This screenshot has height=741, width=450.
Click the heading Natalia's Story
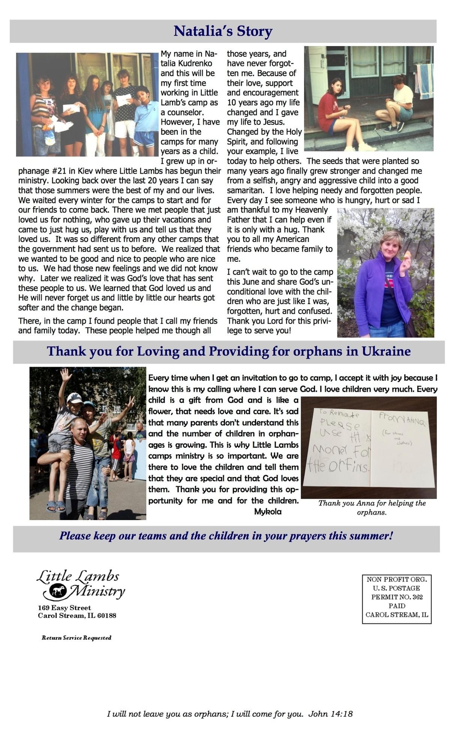coord(223,31)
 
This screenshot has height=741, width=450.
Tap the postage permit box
coord(397,599)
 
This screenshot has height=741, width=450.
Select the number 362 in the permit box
coord(417,597)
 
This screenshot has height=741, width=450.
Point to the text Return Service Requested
coord(76,637)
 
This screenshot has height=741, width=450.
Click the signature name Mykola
coord(268,511)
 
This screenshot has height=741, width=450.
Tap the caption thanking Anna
coord(372,507)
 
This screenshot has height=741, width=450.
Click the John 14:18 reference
coord(330,714)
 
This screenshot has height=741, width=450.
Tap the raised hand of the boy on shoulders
coord(66,374)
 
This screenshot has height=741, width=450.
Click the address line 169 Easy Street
coord(64,607)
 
